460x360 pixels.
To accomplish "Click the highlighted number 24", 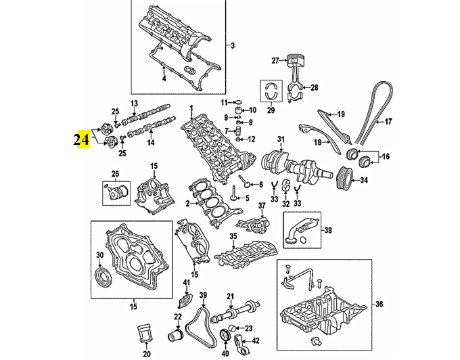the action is tap(81, 139).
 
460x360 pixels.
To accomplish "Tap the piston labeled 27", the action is tap(294, 60).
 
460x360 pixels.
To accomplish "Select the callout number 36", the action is tap(379, 304).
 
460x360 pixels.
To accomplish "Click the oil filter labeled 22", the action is tap(175, 336).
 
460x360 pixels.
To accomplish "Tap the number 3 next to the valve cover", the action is tap(232, 45).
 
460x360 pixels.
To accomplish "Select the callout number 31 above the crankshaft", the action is tap(281, 139).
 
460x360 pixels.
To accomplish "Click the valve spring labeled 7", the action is tap(239, 131).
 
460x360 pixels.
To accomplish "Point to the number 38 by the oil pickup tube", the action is tap(328, 230).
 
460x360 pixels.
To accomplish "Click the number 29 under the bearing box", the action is tap(271, 110).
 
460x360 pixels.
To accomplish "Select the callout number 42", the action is tap(256, 340).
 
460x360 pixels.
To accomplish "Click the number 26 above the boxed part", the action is tap(115, 174).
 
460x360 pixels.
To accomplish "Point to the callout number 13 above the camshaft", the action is tap(134, 104).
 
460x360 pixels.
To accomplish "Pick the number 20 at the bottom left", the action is tap(147, 354).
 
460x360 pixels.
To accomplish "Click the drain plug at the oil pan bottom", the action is tap(316, 341).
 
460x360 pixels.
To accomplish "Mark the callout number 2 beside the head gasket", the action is tap(188, 203).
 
